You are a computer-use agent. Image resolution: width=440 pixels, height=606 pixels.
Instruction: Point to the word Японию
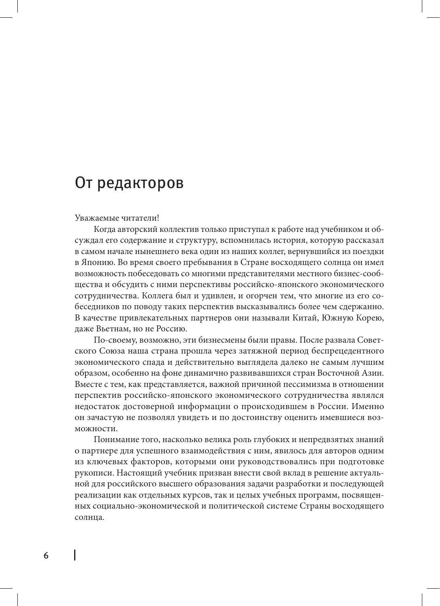98,262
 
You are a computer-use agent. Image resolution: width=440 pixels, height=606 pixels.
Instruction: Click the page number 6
46,556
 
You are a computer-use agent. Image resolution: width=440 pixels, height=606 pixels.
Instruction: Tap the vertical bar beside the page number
75,555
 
